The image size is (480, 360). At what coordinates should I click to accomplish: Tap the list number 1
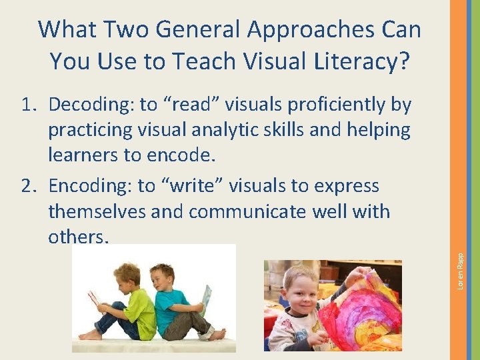pyautogui.click(x=28, y=105)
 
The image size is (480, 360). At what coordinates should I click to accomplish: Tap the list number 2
pyautogui.click(x=28, y=186)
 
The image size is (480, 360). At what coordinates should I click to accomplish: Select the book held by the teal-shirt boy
pyautogui.click(x=207, y=297)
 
